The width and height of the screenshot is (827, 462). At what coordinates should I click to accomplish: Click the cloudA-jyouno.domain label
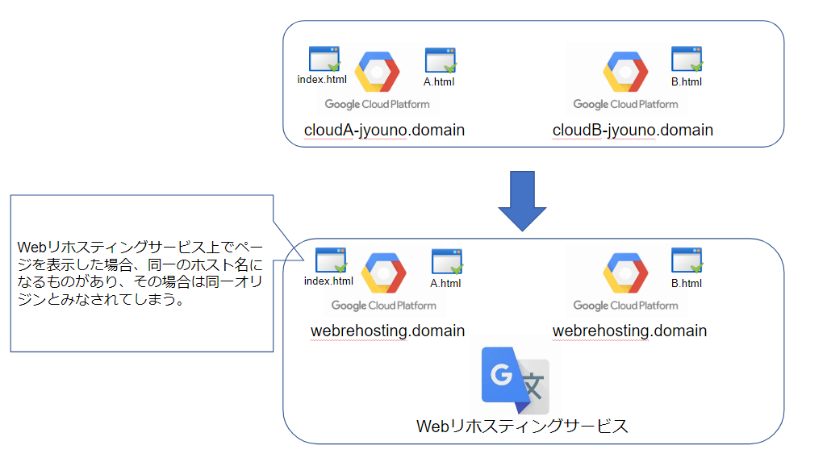[x=384, y=130]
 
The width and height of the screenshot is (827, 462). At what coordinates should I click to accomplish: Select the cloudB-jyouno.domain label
[x=633, y=130]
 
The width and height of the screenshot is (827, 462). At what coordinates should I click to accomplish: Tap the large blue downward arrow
[x=522, y=201]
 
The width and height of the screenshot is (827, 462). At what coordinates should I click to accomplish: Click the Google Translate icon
[x=516, y=381]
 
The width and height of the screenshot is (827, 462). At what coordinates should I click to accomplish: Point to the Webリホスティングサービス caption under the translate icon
[x=522, y=427]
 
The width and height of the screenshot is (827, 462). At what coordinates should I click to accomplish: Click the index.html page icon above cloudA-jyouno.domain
[x=324, y=59]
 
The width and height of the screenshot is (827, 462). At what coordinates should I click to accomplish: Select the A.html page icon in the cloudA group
[x=441, y=60]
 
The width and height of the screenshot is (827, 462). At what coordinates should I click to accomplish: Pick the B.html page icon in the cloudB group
[x=687, y=59]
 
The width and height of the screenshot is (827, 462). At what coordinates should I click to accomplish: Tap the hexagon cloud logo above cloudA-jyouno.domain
[x=377, y=72]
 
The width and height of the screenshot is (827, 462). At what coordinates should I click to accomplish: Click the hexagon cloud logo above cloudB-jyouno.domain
[x=625, y=72]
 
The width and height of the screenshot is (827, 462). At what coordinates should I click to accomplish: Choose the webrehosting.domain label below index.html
[x=387, y=331]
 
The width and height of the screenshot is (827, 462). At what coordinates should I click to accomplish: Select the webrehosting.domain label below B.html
[x=630, y=331]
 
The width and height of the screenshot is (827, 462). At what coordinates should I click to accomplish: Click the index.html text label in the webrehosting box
[x=328, y=281]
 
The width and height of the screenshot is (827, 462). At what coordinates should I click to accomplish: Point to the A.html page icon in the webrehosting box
[x=447, y=261]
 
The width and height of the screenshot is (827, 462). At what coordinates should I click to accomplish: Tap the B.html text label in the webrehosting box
[x=687, y=284]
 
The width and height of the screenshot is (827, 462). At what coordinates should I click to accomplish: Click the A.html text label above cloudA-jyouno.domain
[x=439, y=81]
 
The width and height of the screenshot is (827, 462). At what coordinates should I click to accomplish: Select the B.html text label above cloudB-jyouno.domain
[x=687, y=81]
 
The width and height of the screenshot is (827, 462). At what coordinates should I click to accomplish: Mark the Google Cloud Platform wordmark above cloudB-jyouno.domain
[x=625, y=104]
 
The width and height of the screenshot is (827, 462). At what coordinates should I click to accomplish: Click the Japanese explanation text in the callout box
[x=140, y=273]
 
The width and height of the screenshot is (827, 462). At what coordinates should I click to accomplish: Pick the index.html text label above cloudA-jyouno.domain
[x=322, y=80]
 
